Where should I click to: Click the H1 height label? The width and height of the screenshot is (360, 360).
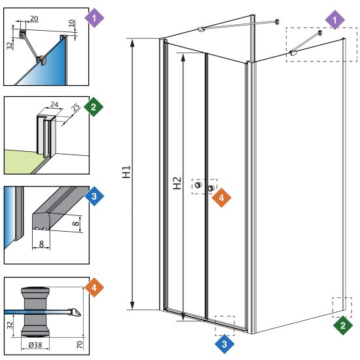coord(126,171)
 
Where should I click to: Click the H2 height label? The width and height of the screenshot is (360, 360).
coord(177,183)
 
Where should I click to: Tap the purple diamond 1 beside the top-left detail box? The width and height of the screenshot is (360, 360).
coord(94,18)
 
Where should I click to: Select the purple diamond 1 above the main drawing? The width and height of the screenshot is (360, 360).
coord(334,20)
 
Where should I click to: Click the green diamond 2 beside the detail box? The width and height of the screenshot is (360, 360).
coord(94,107)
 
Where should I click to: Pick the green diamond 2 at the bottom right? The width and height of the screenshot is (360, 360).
coord(343,325)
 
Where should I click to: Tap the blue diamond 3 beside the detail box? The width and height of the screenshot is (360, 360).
coord(94,196)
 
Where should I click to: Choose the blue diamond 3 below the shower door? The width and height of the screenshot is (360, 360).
coord(225,344)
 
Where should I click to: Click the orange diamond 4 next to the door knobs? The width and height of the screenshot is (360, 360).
coord(221,198)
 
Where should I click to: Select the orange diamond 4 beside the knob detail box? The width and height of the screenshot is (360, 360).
coord(94,287)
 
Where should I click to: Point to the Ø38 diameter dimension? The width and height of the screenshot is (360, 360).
coord(35,344)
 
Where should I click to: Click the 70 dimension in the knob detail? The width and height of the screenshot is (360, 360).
coord(79,344)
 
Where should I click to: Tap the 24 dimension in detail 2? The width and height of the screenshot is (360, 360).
coord(54,105)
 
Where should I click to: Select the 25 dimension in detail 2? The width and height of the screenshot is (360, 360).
coord(75,107)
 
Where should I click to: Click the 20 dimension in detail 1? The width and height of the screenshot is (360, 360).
coord(34,18)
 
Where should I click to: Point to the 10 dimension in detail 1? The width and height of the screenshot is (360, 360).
coord(71,23)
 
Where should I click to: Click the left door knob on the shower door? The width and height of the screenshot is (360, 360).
coord(198,185)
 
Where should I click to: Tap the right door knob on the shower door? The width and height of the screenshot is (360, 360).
coord(211,188)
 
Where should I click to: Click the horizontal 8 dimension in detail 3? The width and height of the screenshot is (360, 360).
coord(41,243)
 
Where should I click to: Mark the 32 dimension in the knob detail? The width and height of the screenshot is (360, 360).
coord(10,325)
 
